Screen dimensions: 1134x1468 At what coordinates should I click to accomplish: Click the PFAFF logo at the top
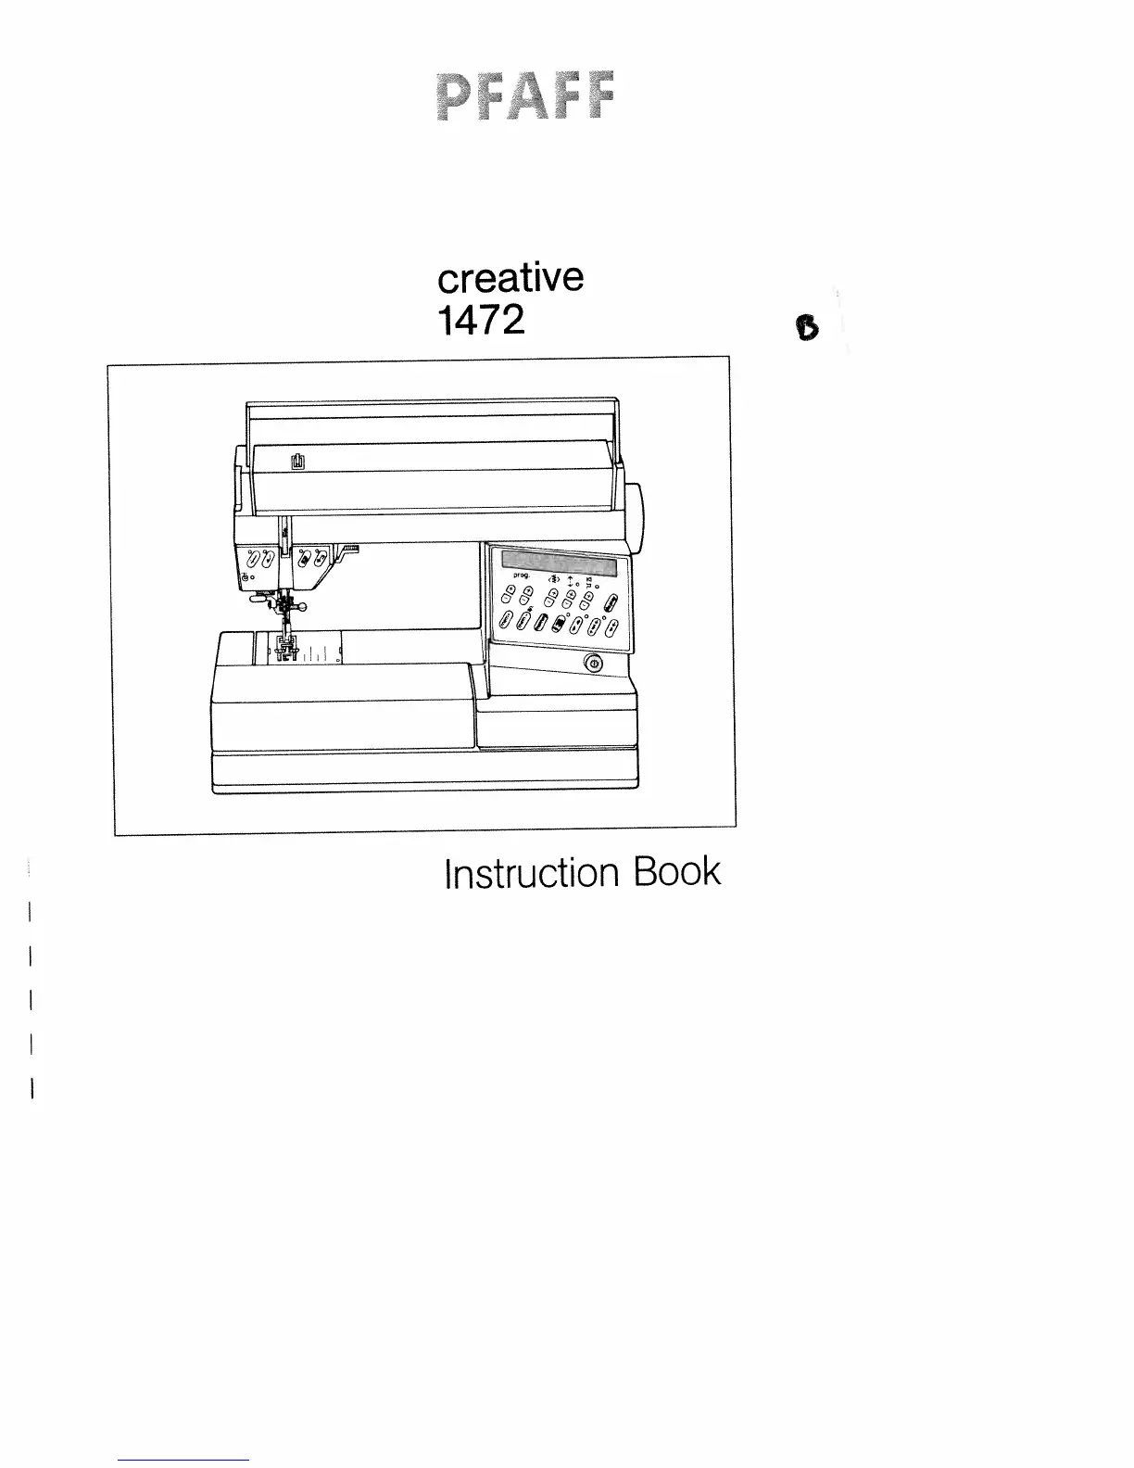(x=524, y=97)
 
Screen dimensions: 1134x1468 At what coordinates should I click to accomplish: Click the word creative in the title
(x=510, y=277)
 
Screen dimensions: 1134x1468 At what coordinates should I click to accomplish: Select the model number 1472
(x=481, y=320)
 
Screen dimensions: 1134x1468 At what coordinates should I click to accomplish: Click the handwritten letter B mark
(x=807, y=328)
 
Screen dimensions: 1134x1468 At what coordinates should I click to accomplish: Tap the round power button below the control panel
(x=593, y=664)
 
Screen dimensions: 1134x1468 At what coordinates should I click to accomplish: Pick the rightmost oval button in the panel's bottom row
(x=611, y=631)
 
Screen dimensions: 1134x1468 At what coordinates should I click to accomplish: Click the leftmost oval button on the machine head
(x=251, y=559)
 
